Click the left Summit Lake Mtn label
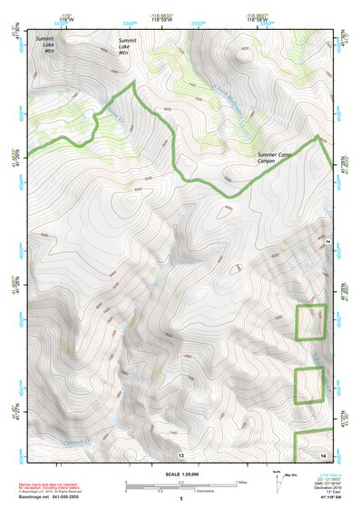point(44,44)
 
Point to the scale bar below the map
point(181,483)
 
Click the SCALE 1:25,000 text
point(180,474)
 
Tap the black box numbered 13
point(180,453)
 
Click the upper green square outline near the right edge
point(310,322)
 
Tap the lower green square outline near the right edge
point(309,385)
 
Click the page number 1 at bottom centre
point(180,499)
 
